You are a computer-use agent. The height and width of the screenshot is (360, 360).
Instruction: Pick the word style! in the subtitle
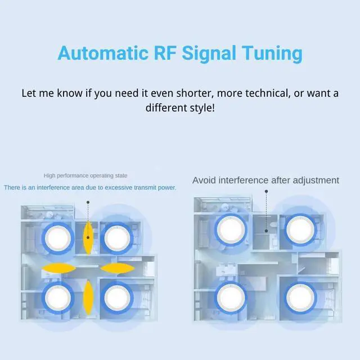(x=199, y=106)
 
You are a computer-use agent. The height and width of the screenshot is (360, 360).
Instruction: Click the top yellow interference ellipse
(x=88, y=237)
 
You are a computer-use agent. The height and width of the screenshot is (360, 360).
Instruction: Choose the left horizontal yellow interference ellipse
(x=58, y=267)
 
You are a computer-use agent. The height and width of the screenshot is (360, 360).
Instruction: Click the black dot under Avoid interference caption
(x=265, y=191)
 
